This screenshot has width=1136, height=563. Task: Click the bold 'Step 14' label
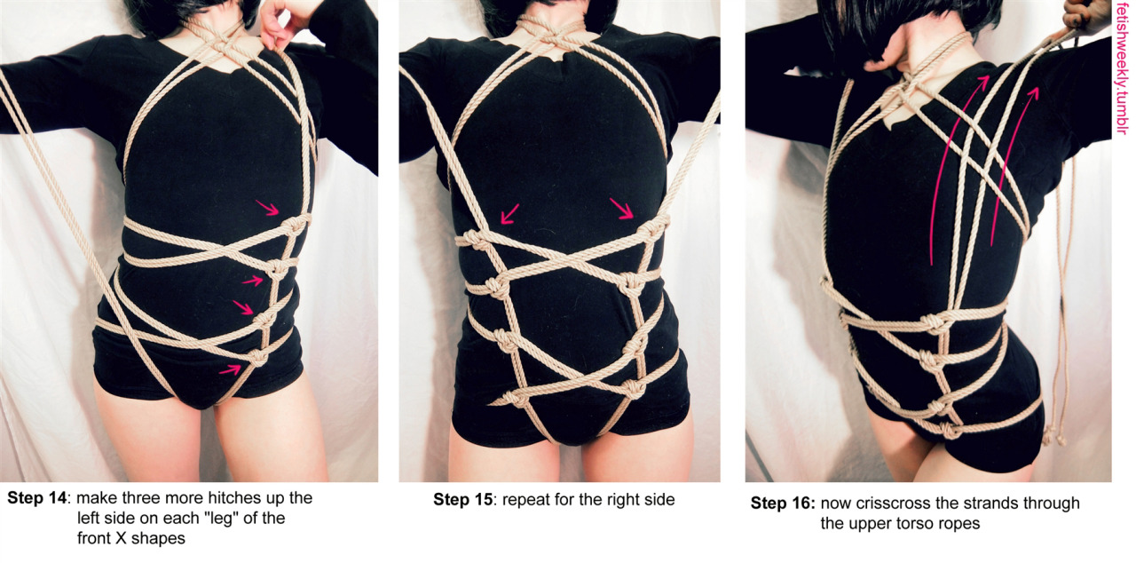(36, 498)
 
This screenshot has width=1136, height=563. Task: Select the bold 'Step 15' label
(462, 500)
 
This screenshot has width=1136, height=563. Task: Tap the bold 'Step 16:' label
(783, 504)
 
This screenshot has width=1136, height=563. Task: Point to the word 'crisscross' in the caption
(895, 504)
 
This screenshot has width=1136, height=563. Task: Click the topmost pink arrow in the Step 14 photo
(267, 208)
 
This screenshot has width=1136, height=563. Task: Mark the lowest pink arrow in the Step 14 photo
(230, 369)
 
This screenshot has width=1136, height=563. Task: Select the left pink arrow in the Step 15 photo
(509, 214)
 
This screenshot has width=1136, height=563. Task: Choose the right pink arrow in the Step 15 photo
(621, 209)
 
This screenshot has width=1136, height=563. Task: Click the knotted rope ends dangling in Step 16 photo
(1053, 436)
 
